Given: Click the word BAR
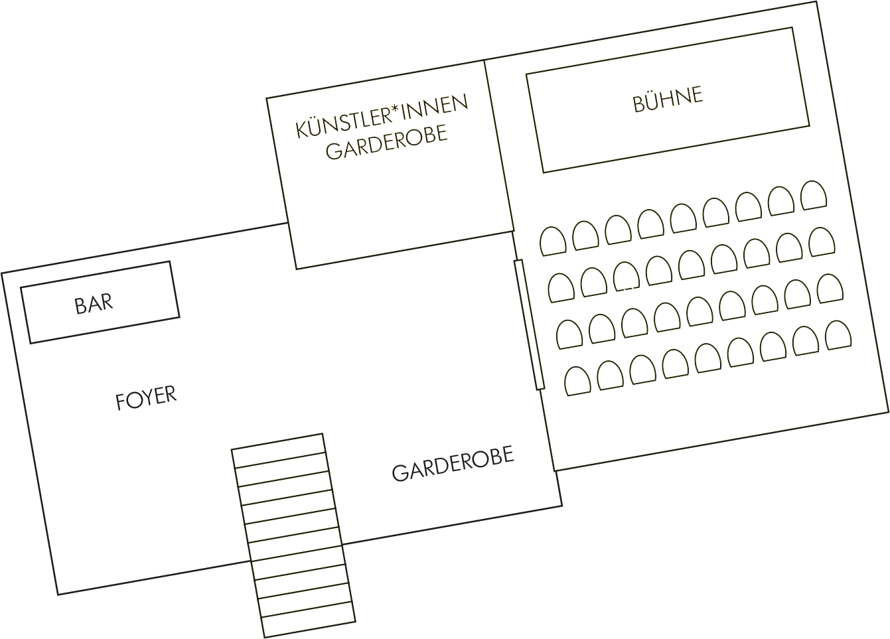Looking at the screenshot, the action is [x=94, y=304].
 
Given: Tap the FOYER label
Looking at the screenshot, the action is [x=146, y=398].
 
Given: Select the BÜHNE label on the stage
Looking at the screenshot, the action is [x=668, y=100].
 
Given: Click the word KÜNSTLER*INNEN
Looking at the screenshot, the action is [x=382, y=116].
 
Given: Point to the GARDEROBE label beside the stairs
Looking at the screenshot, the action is [x=453, y=463].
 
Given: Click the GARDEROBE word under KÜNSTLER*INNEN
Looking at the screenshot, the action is [x=386, y=142].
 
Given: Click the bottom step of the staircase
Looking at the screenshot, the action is [x=309, y=620].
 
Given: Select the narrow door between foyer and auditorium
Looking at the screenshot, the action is [x=529, y=324].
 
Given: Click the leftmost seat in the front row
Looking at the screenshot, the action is [x=553, y=241].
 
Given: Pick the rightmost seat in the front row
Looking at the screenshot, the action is [x=814, y=195].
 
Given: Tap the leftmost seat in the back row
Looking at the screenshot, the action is [x=578, y=381].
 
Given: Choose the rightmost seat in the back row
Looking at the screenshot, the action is [x=838, y=335].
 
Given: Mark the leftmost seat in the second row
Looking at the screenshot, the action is [x=561, y=288].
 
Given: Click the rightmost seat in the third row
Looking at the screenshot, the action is [x=830, y=289].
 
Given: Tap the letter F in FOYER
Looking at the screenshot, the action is [x=120, y=402].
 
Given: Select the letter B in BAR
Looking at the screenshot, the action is [x=80, y=306].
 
